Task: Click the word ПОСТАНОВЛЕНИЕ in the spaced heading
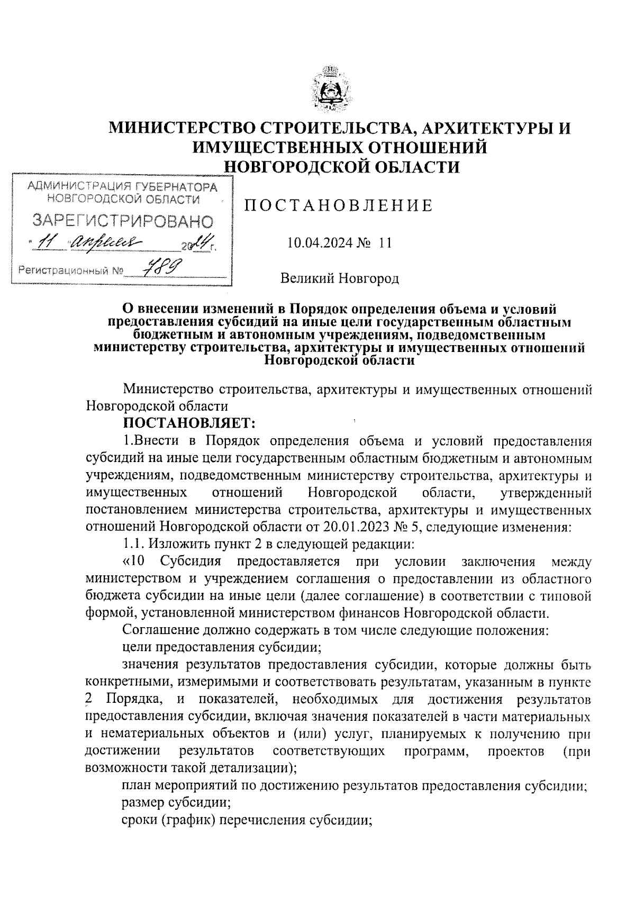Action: [x=338, y=206]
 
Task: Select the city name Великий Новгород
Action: [x=339, y=278]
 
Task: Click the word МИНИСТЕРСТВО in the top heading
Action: [x=188, y=129]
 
